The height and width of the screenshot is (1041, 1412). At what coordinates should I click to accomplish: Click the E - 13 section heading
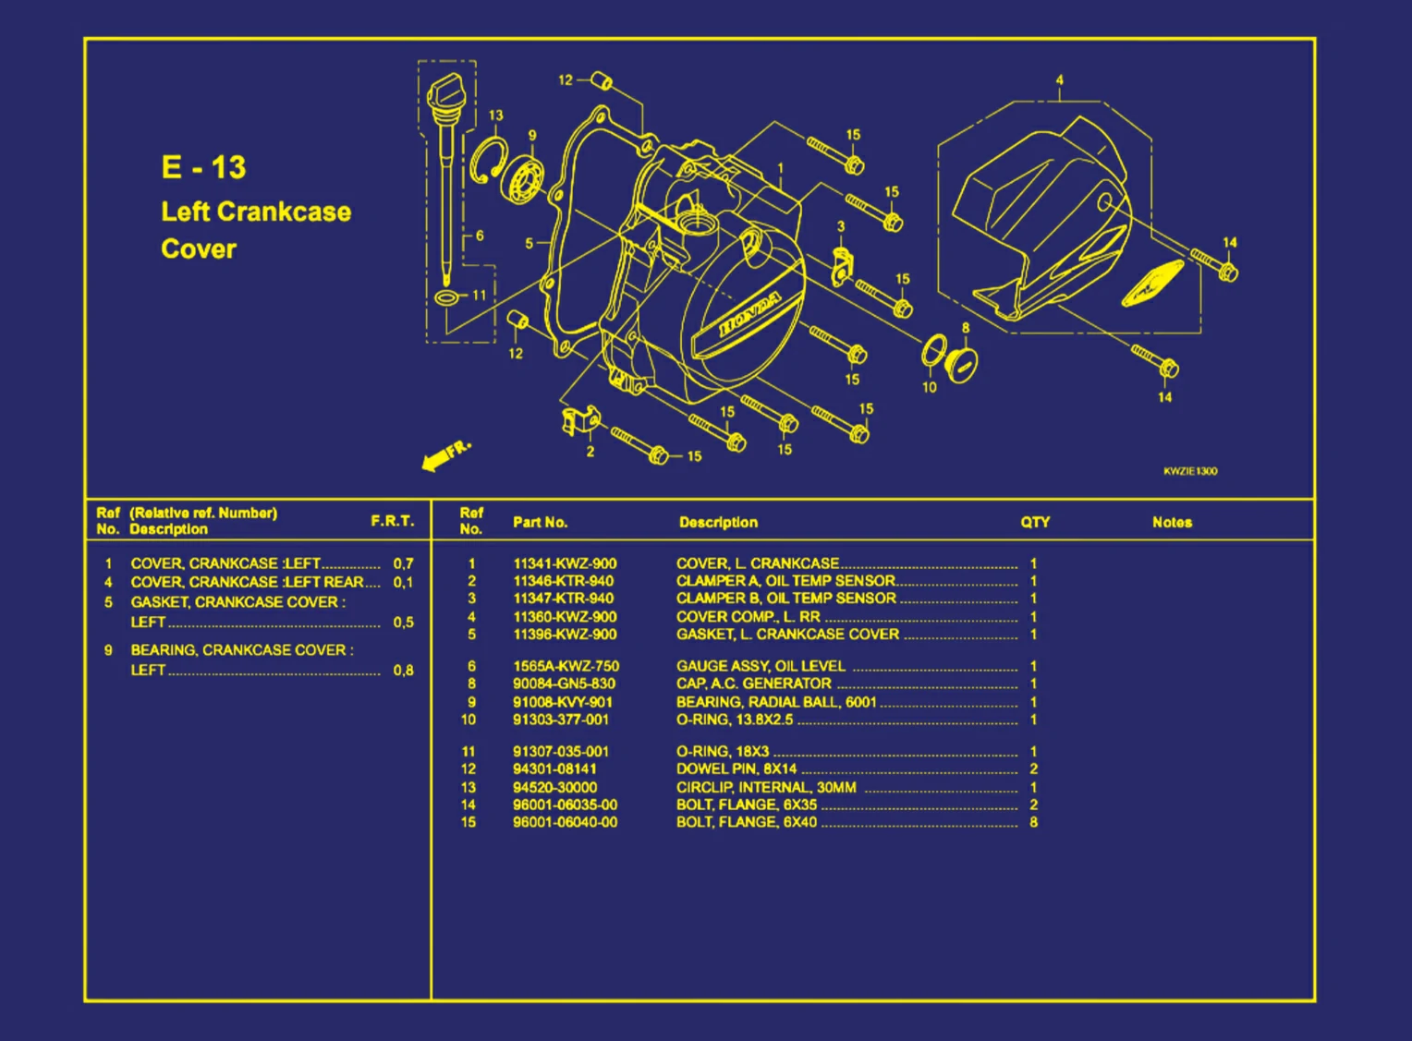click(x=203, y=167)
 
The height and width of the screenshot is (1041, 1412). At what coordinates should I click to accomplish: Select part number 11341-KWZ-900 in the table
click(x=565, y=563)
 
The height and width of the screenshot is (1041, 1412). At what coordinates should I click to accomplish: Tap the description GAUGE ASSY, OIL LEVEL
click(x=760, y=666)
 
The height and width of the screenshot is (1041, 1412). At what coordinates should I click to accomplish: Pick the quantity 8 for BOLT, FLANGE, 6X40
click(x=1033, y=822)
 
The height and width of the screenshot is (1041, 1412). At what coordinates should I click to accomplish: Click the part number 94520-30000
click(x=554, y=788)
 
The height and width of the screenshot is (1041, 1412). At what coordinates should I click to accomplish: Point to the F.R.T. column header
click(x=392, y=521)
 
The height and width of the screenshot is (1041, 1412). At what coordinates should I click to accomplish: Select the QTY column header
click(x=1035, y=522)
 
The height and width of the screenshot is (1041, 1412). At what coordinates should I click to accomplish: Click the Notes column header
click(x=1172, y=522)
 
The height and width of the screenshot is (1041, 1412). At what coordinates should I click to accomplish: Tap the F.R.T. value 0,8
click(x=403, y=670)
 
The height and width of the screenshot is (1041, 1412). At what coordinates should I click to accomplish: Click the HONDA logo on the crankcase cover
click(x=749, y=315)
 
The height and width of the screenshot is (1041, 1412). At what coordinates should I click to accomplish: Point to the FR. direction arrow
click(x=444, y=455)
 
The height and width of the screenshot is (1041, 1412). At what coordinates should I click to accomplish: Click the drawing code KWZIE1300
click(x=1190, y=471)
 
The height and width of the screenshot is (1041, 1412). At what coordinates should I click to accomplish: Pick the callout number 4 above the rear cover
click(x=1059, y=80)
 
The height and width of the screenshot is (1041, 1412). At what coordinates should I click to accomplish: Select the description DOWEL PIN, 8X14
click(x=736, y=769)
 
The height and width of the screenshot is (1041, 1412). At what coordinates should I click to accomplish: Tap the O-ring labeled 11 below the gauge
click(x=446, y=297)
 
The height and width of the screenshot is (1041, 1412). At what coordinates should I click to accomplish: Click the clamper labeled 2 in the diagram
click(x=579, y=420)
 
